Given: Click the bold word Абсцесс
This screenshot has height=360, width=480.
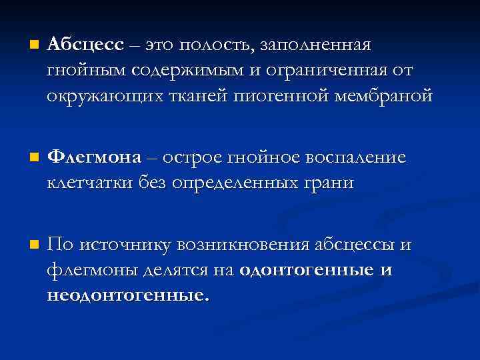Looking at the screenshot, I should click(85, 45).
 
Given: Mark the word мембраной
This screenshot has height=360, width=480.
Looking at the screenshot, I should click(384, 95).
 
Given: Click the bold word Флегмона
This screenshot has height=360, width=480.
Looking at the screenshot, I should click(95, 157).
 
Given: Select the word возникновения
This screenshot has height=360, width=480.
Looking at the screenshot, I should click(243, 245).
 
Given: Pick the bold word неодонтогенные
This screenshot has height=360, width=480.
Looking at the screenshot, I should click(127, 295).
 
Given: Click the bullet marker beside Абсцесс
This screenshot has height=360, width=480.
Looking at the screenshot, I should click(26, 46).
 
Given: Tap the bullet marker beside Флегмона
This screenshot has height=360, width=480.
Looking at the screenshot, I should click(26, 158).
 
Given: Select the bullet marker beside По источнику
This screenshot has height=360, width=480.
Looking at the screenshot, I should click(26, 246).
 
